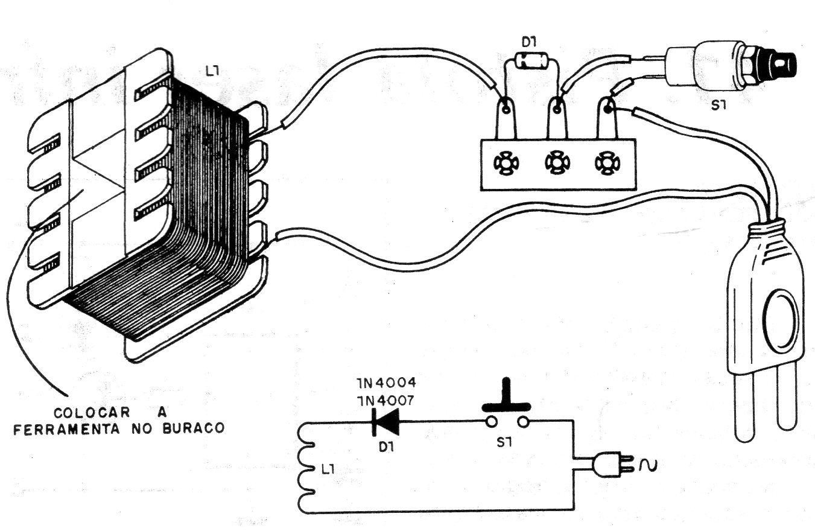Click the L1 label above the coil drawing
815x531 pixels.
[212, 72]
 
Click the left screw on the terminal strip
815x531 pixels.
[505, 162]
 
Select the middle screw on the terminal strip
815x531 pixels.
[555, 162]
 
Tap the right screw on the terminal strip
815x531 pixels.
[604, 162]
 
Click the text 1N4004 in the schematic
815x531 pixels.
[386, 384]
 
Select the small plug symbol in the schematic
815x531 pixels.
[610, 465]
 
